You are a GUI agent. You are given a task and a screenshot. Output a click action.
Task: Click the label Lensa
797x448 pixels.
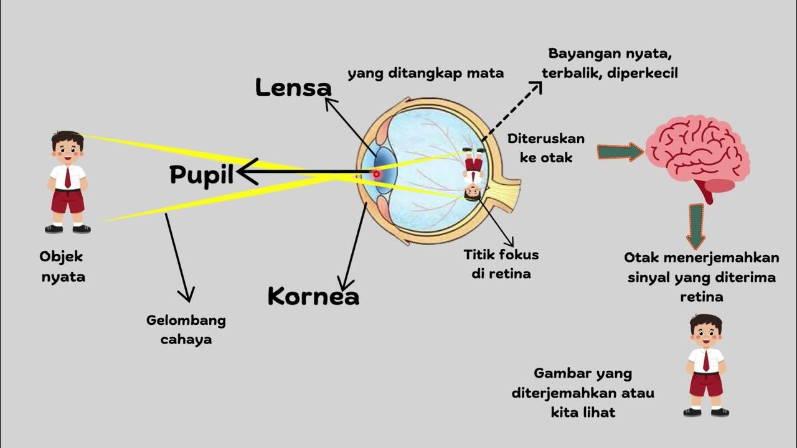click(x=293, y=88)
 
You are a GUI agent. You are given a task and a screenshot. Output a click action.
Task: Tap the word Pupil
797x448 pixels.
click(x=201, y=175)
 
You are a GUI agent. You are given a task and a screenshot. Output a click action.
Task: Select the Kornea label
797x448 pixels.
click(x=313, y=296)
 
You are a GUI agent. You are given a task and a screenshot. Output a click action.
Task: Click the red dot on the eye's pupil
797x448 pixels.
click(x=376, y=174)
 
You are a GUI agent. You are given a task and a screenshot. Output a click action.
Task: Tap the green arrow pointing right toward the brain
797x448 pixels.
click(x=620, y=152)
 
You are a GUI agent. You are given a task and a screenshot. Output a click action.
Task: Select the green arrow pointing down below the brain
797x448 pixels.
click(x=696, y=226)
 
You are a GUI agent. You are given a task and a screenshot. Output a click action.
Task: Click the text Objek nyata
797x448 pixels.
click(x=62, y=266)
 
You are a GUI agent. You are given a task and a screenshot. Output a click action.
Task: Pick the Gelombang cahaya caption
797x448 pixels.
click(x=186, y=330)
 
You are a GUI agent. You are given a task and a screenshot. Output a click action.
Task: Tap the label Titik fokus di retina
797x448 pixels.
click(x=501, y=264)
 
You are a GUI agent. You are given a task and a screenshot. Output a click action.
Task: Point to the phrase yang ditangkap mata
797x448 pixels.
click(x=425, y=73)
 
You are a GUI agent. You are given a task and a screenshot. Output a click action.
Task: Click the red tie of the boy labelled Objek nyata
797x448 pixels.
click(x=68, y=177)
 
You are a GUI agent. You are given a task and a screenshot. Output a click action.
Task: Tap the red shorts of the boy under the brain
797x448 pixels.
click(x=706, y=384)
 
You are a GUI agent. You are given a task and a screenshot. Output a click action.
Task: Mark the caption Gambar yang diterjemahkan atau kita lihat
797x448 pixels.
click(x=583, y=393)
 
